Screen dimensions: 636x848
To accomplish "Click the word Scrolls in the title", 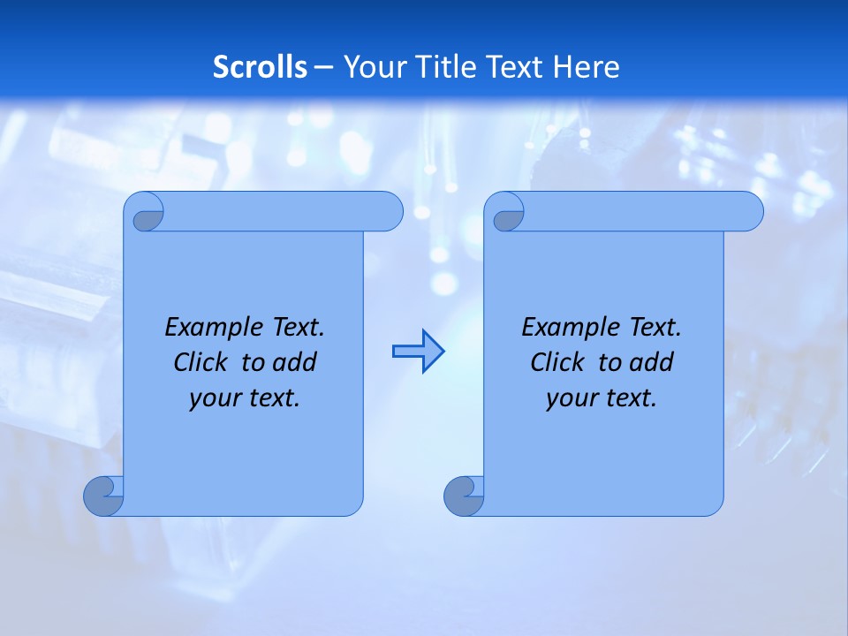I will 260,67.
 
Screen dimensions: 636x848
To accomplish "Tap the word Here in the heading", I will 587,67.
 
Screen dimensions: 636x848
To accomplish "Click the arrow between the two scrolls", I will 418,351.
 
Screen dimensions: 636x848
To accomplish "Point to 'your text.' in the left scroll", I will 245,398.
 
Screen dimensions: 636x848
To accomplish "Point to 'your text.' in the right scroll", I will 602,398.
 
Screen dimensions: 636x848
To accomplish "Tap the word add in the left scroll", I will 294,362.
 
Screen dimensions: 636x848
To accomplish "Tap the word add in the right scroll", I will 651,362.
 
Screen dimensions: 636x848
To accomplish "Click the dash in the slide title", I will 323,67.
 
